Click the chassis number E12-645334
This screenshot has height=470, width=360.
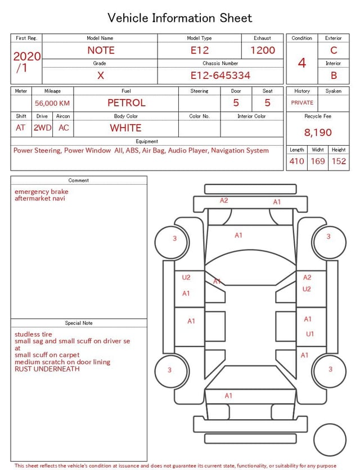tap(220, 75)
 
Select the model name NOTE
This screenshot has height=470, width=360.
tap(101, 50)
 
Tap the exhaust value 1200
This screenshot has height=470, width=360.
tap(262, 50)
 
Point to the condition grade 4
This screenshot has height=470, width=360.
tap(302, 63)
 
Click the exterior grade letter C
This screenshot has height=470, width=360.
tap(334, 50)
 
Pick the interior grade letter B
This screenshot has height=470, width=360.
tap(334, 75)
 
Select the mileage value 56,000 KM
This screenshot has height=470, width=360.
tap(52, 104)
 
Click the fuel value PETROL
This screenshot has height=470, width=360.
tap(127, 103)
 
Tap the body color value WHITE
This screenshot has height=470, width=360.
tap(125, 128)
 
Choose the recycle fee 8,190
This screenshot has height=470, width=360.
tap(318, 132)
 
